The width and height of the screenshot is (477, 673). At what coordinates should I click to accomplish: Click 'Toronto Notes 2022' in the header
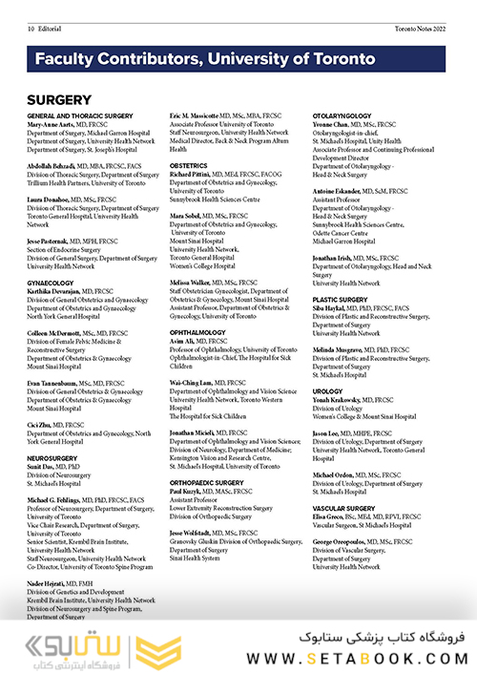(x=421, y=31)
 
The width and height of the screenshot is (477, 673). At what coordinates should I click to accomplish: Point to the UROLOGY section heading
(x=327, y=391)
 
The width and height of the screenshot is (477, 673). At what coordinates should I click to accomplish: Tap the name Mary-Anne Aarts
(x=54, y=124)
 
